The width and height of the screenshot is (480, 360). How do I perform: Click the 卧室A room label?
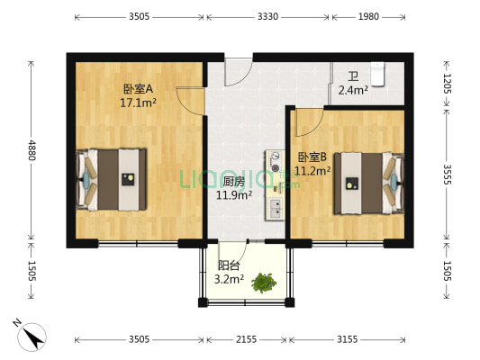(138, 89)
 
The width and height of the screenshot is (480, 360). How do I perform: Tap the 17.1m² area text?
(138, 103)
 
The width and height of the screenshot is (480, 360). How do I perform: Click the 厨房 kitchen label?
(233, 180)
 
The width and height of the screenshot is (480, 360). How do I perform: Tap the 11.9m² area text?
(233, 193)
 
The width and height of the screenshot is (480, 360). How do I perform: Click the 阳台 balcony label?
(229, 265)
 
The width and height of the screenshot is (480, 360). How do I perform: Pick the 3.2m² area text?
(231, 279)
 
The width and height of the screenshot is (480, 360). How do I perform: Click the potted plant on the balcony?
(263, 283)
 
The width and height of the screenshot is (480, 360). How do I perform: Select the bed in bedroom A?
(113, 178)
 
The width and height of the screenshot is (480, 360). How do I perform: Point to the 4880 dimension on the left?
(32, 148)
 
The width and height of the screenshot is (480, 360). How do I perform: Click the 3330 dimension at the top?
(267, 17)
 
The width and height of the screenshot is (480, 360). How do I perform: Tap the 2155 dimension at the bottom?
(246, 339)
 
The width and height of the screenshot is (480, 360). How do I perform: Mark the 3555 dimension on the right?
(448, 174)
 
